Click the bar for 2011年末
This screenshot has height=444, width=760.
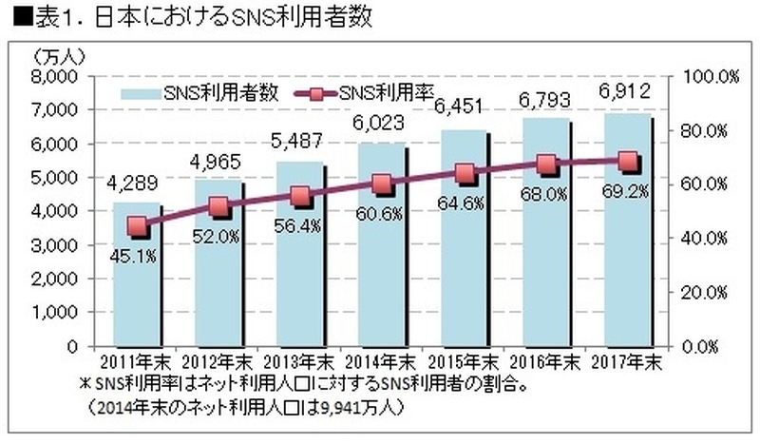136,285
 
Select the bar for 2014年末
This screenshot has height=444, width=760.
381,257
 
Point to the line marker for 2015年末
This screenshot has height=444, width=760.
465,174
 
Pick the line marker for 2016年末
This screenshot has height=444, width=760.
546,164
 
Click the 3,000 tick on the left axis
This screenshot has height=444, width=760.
59,245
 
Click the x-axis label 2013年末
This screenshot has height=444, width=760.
298,362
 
